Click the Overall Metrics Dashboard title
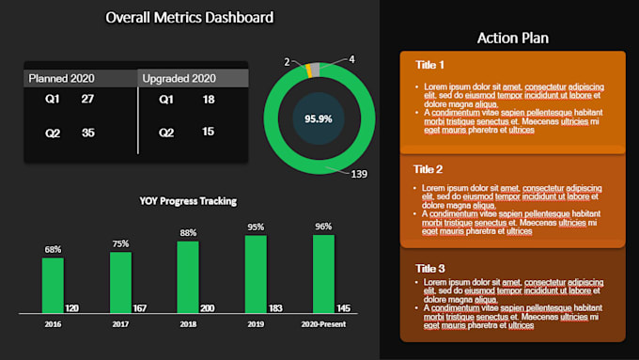tap(190, 17)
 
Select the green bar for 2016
tap(53, 285)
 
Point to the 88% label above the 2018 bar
tap(188, 232)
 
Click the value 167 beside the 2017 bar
tap(140, 308)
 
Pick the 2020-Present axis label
tap(323, 324)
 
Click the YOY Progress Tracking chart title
tap(188, 200)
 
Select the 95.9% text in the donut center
tap(319, 118)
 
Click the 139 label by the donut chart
tap(358, 174)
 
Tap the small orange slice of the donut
tap(308, 69)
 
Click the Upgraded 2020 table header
tap(179, 78)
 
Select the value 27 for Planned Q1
tap(87, 99)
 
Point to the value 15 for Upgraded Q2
tap(208, 133)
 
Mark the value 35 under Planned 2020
tap(87, 133)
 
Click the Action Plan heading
tap(512, 38)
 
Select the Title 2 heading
tap(429, 169)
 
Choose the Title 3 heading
tap(429, 267)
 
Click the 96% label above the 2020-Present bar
tap(323, 226)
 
